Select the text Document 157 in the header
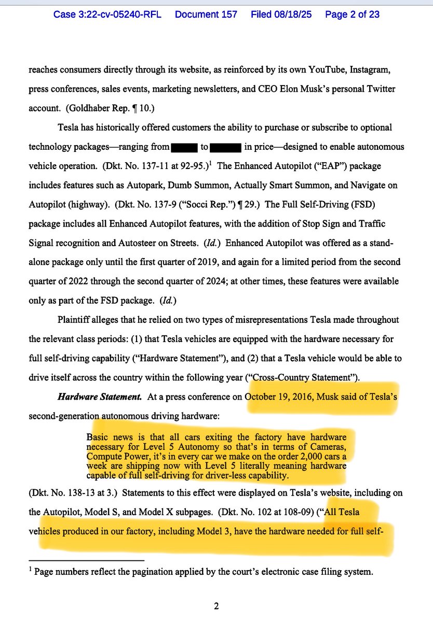coord(207,14)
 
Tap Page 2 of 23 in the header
coord(352,14)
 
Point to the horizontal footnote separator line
coord(87,560)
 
